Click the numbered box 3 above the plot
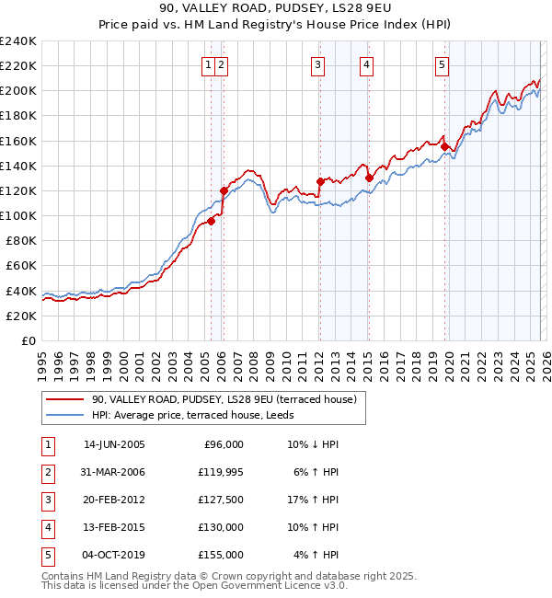tap(317, 64)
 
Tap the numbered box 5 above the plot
tap(443, 64)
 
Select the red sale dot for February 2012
tap(320, 181)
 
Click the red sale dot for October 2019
tap(444, 146)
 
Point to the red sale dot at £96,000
tap(212, 221)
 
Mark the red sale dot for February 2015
tap(369, 178)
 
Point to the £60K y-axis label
tap(20, 265)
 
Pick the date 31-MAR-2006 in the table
tap(114, 472)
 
